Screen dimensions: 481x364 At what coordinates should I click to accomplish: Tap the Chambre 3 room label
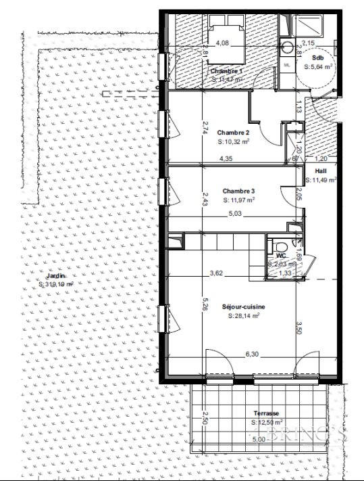[x=234, y=190]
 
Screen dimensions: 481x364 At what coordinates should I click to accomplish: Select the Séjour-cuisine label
[x=243, y=306]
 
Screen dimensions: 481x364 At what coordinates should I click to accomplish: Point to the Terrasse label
[x=267, y=413]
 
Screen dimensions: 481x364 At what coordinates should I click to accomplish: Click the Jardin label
[x=56, y=276]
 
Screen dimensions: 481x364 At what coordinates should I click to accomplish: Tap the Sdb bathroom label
[x=317, y=59]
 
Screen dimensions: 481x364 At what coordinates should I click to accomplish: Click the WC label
[x=274, y=256]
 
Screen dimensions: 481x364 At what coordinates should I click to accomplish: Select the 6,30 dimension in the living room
[x=253, y=354]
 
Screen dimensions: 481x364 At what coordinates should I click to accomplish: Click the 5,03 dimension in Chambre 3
[x=234, y=213]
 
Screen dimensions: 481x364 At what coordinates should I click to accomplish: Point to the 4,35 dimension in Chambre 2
[x=227, y=160]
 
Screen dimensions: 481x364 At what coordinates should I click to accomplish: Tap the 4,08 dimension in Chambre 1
[x=222, y=43]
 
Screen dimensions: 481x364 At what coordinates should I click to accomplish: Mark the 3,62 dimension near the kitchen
[x=217, y=273]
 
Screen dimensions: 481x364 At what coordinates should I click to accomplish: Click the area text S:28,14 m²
[x=243, y=316]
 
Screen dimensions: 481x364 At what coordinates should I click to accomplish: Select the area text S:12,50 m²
[x=267, y=423]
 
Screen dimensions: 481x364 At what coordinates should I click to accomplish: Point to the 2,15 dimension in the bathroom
[x=308, y=43]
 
